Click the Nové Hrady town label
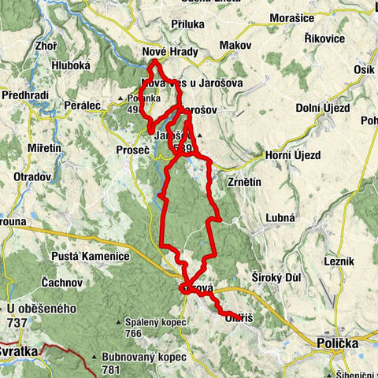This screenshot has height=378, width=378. click(165, 52)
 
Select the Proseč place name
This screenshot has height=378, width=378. click(132, 150)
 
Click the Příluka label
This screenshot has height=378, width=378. click(187, 24)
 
